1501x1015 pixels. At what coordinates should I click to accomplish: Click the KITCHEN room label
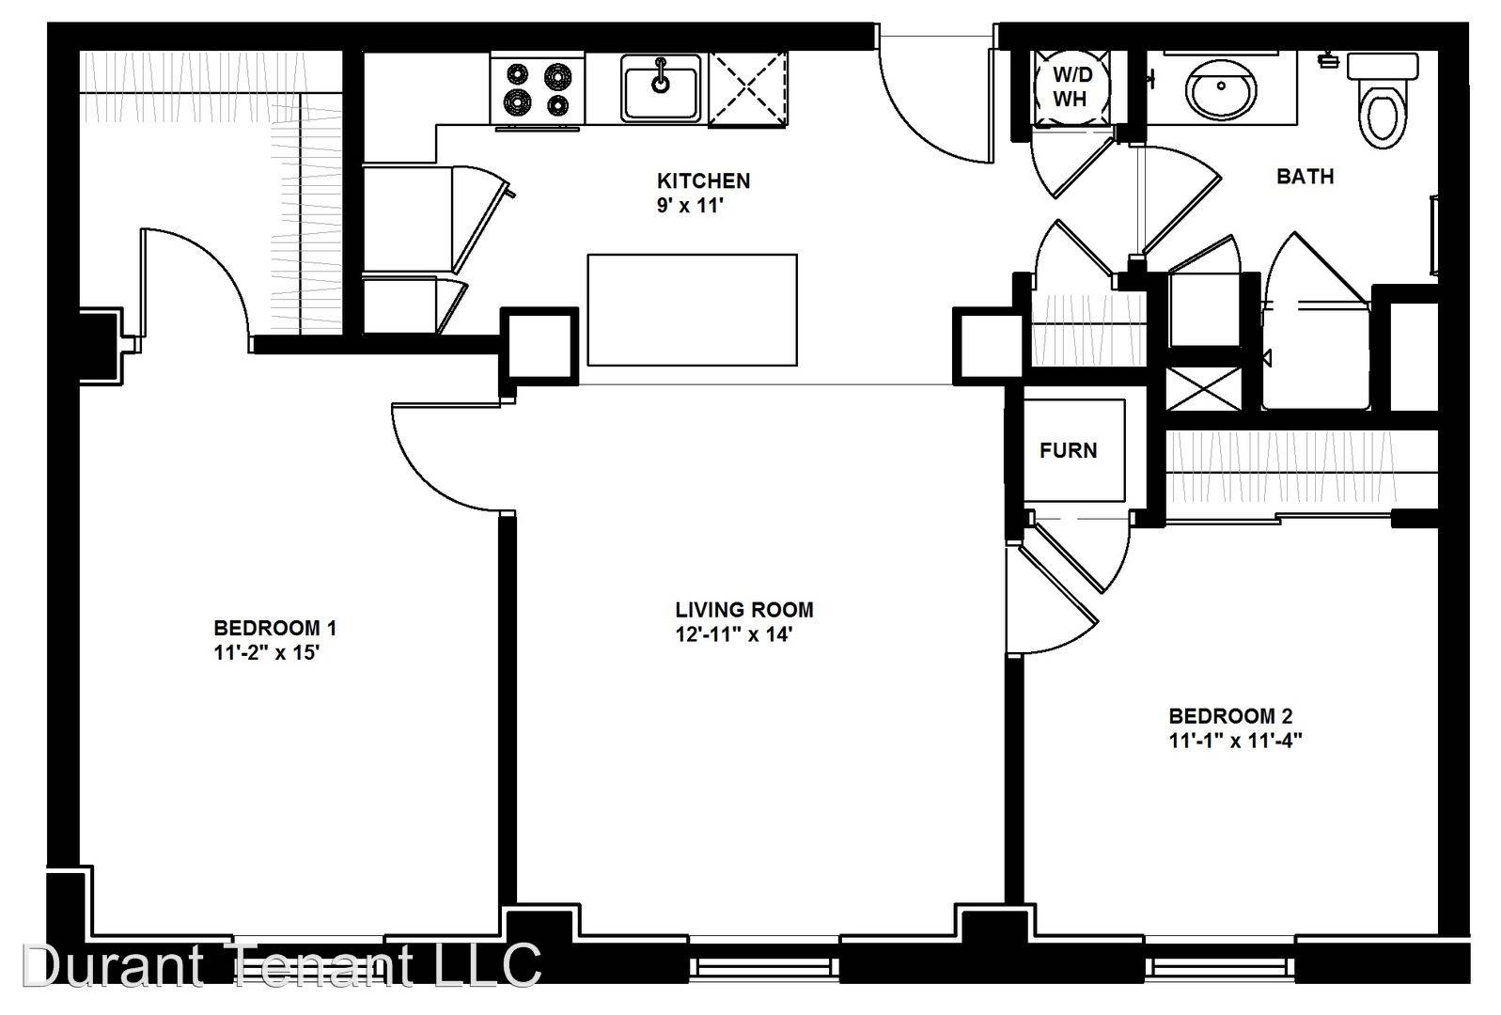tap(703, 180)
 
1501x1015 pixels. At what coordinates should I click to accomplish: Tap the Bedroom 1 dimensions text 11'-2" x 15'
tap(266, 652)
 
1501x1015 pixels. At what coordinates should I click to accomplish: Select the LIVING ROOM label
tap(743, 610)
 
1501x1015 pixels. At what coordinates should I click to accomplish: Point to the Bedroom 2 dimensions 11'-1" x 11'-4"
tap(1235, 741)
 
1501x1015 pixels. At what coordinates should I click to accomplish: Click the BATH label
tap(1305, 176)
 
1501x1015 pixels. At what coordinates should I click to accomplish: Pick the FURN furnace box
tap(1074, 450)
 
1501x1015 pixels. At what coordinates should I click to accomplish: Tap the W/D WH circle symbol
tap(1071, 87)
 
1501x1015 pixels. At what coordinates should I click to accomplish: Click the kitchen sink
tap(661, 88)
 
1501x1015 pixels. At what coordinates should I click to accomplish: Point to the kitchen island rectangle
tap(692, 310)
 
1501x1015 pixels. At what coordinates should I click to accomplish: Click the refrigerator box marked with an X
tap(747, 88)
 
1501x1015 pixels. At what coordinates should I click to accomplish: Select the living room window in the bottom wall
tap(764, 967)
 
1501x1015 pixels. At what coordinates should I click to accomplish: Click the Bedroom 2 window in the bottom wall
tap(1220, 967)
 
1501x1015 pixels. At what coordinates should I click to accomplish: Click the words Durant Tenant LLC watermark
tap(281, 965)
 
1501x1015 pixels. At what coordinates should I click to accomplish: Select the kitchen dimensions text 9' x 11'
tap(690, 206)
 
